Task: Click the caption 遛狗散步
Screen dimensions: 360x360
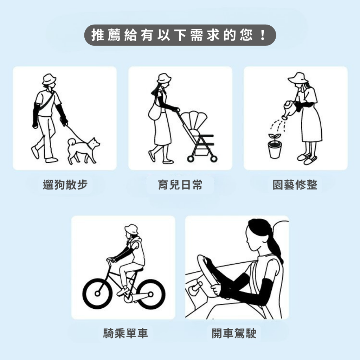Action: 65,185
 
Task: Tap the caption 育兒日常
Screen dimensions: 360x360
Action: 180,185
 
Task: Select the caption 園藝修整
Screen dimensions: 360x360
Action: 295,185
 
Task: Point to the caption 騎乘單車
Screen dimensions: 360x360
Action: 126,333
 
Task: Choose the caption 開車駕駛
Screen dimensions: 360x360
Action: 234,333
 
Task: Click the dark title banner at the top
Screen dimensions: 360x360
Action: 180,35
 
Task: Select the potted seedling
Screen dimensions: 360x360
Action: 275,146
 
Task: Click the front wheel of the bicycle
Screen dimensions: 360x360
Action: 98,294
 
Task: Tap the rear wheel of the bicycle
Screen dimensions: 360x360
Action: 150,294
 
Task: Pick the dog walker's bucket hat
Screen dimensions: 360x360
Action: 49,79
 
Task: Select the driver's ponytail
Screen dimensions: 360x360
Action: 274,250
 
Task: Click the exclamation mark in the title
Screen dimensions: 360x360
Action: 263,35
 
